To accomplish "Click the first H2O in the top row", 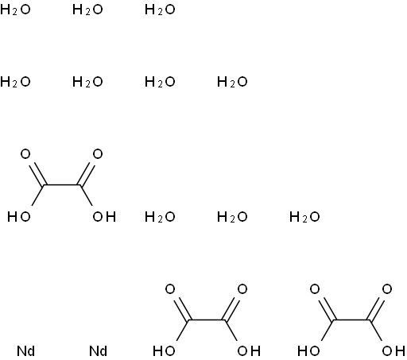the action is point(15,10).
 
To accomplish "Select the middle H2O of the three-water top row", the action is point(87,10).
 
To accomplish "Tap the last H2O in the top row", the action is point(160,10).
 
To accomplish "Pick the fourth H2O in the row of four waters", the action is point(232,82).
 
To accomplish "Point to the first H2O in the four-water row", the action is point(15,82).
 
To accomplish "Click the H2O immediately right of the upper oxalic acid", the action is point(160,217).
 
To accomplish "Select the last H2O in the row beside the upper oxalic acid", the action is point(304,217).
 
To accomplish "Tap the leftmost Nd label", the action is point(25,351).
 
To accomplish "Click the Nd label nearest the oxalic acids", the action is point(98,351).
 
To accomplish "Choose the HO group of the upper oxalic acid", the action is point(19,217).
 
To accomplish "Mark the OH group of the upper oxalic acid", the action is point(104,217).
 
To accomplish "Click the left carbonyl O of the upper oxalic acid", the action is point(25,154).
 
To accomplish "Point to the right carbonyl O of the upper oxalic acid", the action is point(98,154).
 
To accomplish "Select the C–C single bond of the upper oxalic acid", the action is point(61,185).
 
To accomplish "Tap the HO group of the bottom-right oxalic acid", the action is point(308,351).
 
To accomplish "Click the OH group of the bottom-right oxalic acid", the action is point(393,351).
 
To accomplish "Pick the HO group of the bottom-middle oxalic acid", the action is point(164,351).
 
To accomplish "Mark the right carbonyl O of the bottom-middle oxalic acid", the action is point(242,289).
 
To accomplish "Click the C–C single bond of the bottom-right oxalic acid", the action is point(351,320).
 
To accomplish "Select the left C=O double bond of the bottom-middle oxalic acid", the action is point(181,309).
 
